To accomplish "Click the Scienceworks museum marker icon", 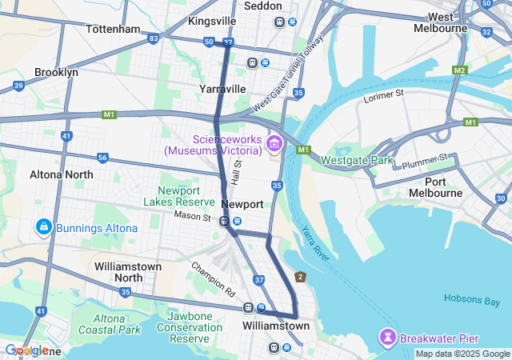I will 274,143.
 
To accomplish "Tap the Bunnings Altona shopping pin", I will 43,228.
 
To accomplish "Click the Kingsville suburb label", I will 212,20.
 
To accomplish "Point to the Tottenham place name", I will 113,29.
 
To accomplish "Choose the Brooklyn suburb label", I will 56,72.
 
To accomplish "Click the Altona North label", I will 61,174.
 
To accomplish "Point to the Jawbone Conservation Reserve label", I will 190,328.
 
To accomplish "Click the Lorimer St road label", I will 384,94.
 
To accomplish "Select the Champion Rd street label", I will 213,276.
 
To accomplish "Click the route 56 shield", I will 102,158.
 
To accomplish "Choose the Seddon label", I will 262,5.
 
